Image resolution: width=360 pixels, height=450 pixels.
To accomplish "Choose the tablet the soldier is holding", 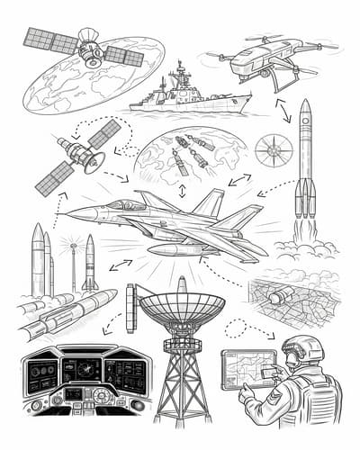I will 246,367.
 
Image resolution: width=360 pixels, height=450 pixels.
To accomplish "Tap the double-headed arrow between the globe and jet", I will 182,191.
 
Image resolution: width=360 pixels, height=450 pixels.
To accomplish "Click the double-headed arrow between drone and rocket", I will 282,110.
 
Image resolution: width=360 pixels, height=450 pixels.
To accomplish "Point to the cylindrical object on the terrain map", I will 281,296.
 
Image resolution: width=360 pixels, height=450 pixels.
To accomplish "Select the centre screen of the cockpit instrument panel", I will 88,369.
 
